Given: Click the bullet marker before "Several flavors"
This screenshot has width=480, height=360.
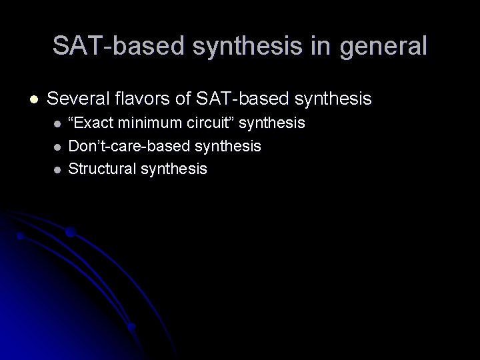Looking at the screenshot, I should pyautogui.click(x=34, y=100).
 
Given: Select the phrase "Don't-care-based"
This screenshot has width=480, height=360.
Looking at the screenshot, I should pyautogui.click(x=127, y=145).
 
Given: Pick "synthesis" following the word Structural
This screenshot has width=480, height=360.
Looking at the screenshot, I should pyautogui.click(x=174, y=169).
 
